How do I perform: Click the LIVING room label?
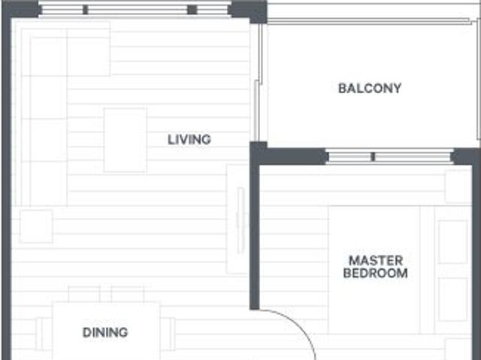tap(189, 139)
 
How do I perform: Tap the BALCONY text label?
tap(370, 88)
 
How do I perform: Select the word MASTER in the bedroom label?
tap(376, 261)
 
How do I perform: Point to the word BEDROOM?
tap(376, 274)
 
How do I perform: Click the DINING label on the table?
tap(105, 332)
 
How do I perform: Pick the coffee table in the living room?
tap(125, 140)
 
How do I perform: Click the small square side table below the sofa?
tap(36, 226)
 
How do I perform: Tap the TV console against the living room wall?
tap(237, 211)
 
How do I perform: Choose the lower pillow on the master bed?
tap(453, 299)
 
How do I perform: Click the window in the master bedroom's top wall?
tap(390, 157)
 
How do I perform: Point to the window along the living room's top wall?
tap(135, 10)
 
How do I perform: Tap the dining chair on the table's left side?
tap(44, 334)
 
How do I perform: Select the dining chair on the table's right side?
tap(168, 334)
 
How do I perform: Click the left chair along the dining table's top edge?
tap(84, 294)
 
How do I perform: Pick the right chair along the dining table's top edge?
tap(128, 294)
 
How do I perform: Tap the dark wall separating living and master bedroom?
tap(255, 233)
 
